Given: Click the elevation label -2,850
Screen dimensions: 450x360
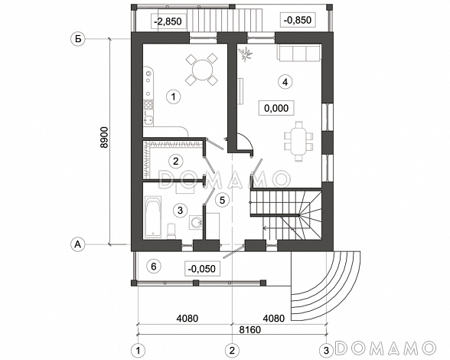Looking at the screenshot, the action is click(x=168, y=21).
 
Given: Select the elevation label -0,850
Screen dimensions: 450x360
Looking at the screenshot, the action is click(x=298, y=20).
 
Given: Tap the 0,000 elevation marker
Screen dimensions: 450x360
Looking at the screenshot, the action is click(x=276, y=108).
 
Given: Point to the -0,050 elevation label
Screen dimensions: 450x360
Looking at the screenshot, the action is click(x=202, y=269).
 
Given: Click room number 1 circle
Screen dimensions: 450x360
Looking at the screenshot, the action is click(x=173, y=97).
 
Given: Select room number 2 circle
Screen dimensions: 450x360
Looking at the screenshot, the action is click(x=176, y=161).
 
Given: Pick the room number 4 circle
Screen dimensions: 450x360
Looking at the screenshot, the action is click(x=285, y=82).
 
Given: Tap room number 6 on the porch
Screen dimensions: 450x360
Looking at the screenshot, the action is click(x=154, y=267).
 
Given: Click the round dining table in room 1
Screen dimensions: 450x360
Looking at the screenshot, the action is click(x=202, y=69).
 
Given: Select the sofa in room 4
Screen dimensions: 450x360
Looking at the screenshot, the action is click(x=298, y=53).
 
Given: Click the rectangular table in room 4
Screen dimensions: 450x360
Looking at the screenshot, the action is click(x=298, y=142).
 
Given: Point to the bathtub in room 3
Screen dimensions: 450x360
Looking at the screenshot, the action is click(x=153, y=217).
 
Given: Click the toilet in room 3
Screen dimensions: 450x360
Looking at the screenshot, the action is click(x=171, y=231).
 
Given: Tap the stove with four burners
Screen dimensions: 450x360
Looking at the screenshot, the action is click(x=148, y=105).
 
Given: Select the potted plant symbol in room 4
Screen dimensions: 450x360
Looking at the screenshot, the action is click(x=245, y=54).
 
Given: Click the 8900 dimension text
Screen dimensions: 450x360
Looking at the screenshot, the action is click(x=104, y=137).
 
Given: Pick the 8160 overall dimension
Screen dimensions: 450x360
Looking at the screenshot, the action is click(x=250, y=329).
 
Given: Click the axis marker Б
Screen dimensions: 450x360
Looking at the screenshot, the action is click(x=78, y=39).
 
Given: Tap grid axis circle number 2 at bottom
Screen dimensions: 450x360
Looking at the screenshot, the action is click(x=232, y=351).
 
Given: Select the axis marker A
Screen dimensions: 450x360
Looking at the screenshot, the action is click(x=77, y=244).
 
